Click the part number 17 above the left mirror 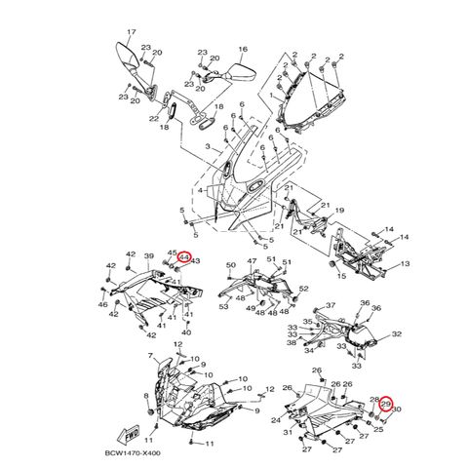pyautogui.click(x=133, y=32)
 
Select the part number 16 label pyautogui.click(x=243, y=48)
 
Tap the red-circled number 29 pyautogui.click(x=385, y=404)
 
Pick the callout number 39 pyautogui.click(x=149, y=256)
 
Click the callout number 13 pyautogui.click(x=406, y=264)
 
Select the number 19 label pyautogui.click(x=340, y=210)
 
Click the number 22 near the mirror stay pyautogui.click(x=153, y=119)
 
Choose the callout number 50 pyautogui.click(x=230, y=265)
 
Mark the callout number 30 pyautogui.click(x=395, y=410)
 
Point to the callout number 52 pyautogui.click(x=304, y=289)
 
